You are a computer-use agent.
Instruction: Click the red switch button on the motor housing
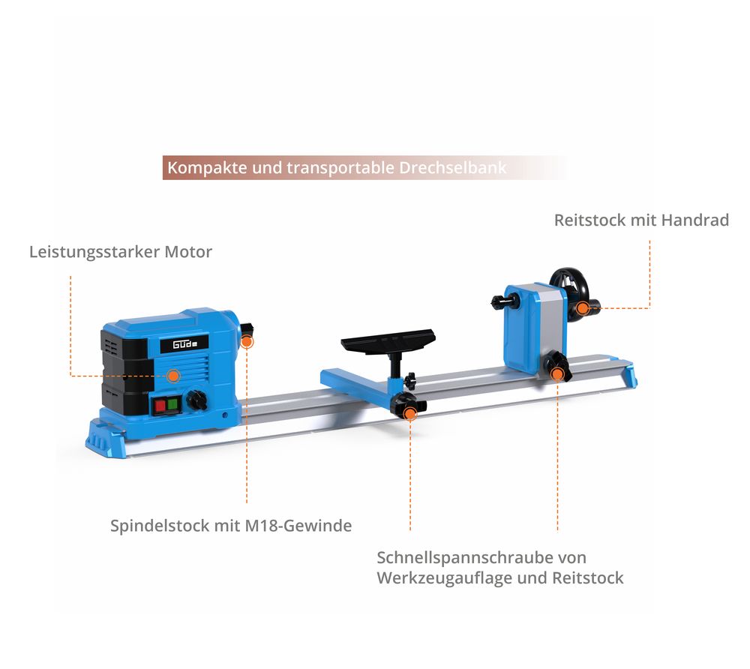click(160, 406)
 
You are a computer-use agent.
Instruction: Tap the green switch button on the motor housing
click(172, 405)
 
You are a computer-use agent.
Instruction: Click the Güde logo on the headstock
click(184, 343)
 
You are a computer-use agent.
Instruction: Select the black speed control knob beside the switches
click(196, 400)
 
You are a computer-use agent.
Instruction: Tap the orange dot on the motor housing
click(174, 376)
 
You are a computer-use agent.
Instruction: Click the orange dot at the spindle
click(246, 341)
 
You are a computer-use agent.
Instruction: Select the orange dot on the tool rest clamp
click(410, 414)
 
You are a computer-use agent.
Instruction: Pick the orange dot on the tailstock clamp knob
click(557, 374)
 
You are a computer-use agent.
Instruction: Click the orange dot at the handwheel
click(583, 308)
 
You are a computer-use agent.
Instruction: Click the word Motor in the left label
click(188, 252)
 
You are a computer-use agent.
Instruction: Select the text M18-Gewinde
click(298, 526)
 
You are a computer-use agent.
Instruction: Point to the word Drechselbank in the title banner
click(452, 168)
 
